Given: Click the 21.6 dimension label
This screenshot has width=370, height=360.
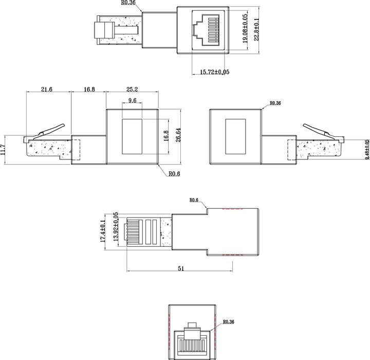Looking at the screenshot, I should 47,89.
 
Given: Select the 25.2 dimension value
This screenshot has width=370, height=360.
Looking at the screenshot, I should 132,89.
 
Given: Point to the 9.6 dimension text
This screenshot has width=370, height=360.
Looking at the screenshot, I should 132,101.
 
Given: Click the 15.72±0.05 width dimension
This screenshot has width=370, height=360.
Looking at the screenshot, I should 214,72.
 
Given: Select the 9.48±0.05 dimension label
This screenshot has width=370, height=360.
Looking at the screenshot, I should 366,149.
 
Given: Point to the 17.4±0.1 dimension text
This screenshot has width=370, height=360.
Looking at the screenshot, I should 103,231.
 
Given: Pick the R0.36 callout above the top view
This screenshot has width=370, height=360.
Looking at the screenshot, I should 128,3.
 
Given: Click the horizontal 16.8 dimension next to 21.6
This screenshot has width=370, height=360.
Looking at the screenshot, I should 89,89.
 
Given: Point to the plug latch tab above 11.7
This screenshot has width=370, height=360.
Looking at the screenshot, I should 51,129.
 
